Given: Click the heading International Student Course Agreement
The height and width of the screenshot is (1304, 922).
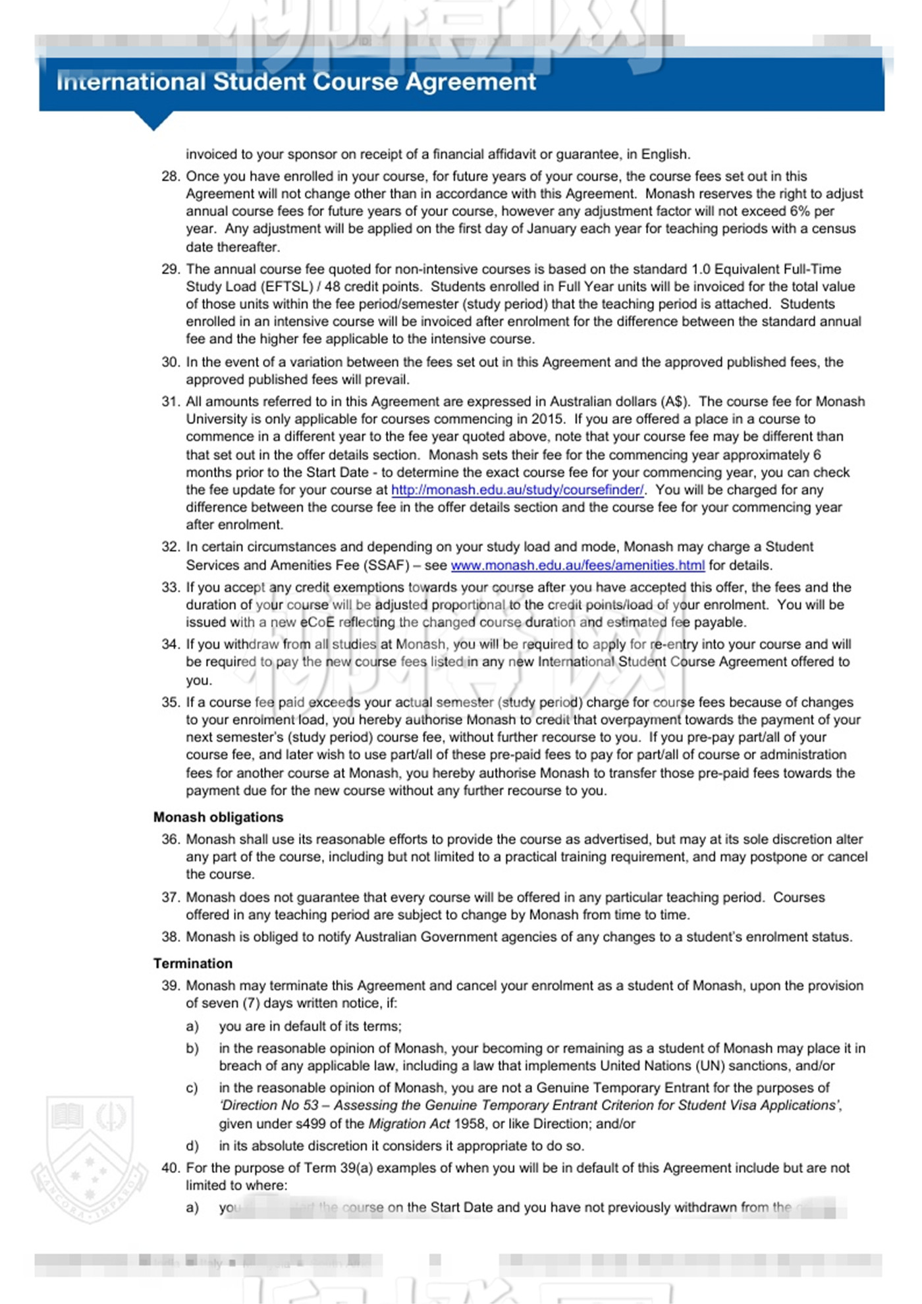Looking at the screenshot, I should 296,82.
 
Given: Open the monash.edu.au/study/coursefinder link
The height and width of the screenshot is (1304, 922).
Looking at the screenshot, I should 517,490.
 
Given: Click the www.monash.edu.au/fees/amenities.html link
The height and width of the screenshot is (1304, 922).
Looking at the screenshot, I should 577,565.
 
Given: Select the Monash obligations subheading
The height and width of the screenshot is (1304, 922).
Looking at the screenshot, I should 218,817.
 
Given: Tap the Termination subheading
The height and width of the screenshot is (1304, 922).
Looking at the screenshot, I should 193,964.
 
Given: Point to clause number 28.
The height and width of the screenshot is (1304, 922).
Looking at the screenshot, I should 170,177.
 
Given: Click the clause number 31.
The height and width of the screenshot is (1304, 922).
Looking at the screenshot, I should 170,402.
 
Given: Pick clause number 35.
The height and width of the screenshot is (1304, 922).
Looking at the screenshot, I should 170,703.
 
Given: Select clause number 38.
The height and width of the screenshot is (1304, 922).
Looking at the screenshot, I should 170,937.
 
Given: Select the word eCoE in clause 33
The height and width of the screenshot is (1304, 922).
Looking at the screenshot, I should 317,622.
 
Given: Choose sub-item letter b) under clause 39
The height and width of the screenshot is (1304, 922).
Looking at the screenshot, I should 192,1048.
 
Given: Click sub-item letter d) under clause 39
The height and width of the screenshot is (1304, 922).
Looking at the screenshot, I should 192,1146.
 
